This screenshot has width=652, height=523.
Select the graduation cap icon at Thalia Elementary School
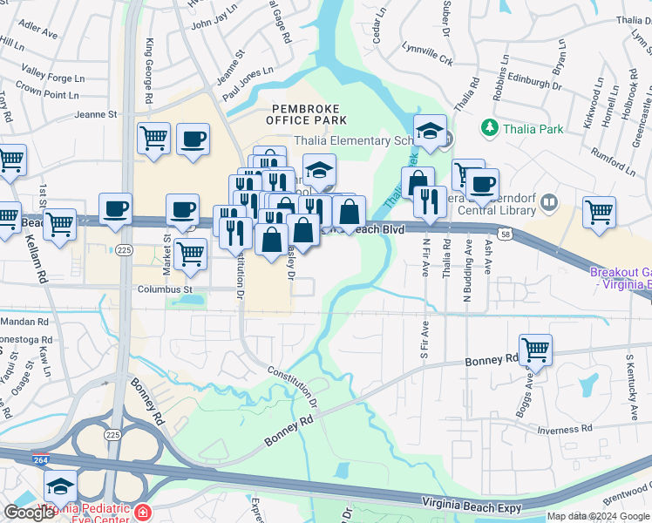coord(430,132)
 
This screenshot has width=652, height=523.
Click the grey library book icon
coord(548,204)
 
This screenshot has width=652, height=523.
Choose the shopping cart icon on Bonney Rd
coord(535,350)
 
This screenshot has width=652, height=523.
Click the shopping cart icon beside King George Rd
coord(153,138)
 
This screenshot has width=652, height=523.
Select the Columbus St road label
coord(163,289)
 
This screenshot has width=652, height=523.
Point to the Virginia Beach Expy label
coord(471,505)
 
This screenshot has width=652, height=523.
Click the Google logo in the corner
coord(29,513)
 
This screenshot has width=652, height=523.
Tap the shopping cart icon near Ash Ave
coord(599,212)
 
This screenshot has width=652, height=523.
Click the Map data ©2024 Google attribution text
coord(598,516)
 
